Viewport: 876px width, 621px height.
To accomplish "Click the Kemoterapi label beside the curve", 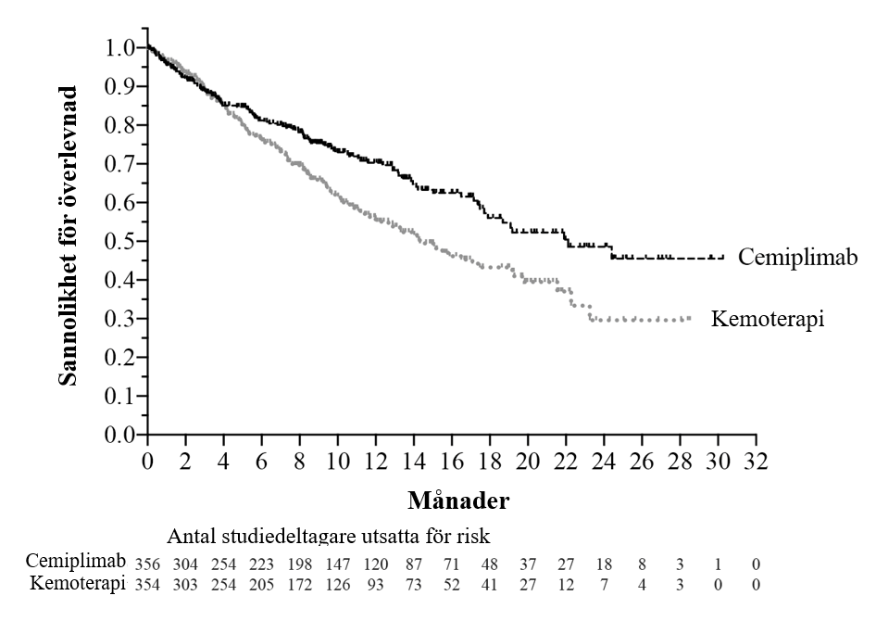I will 768,319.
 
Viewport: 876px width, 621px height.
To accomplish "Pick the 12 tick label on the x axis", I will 376,460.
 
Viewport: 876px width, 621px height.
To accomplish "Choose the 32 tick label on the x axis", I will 757,460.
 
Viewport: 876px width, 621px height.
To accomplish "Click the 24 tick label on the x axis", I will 605,460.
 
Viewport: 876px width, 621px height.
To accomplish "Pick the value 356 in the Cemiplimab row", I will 148,563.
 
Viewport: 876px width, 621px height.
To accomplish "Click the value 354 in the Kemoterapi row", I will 148,585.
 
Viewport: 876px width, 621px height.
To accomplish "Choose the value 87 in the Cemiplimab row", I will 413,563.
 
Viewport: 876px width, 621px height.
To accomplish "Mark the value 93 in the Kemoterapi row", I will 377,585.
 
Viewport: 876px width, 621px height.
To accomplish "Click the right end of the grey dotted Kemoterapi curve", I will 690,319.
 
